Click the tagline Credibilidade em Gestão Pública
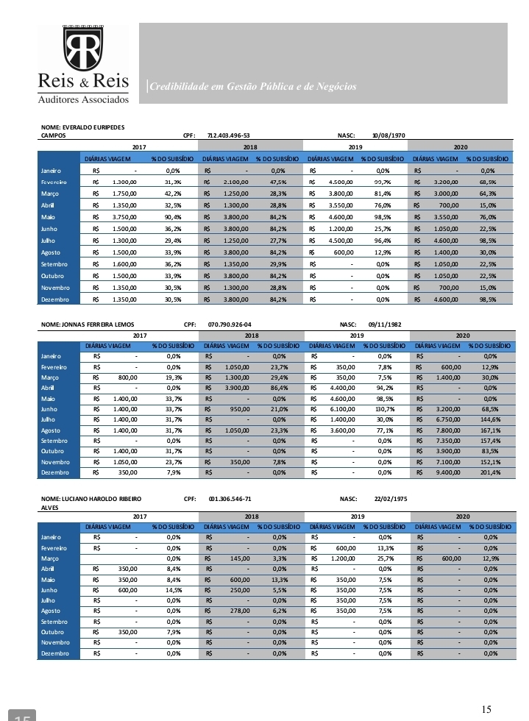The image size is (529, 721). click(x=252, y=87)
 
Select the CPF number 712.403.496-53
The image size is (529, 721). click(x=230, y=135)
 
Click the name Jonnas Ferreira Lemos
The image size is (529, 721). click(x=88, y=324)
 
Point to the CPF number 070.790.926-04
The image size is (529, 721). click(x=230, y=324)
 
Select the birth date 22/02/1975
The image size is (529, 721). click(x=391, y=499)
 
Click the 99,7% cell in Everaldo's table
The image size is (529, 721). click(x=381, y=182)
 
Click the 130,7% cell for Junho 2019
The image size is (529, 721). click(x=382, y=409)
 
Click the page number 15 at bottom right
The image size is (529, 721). click(x=486, y=709)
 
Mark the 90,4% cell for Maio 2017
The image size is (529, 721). click(x=172, y=217)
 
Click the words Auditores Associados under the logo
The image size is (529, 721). click(x=83, y=99)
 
